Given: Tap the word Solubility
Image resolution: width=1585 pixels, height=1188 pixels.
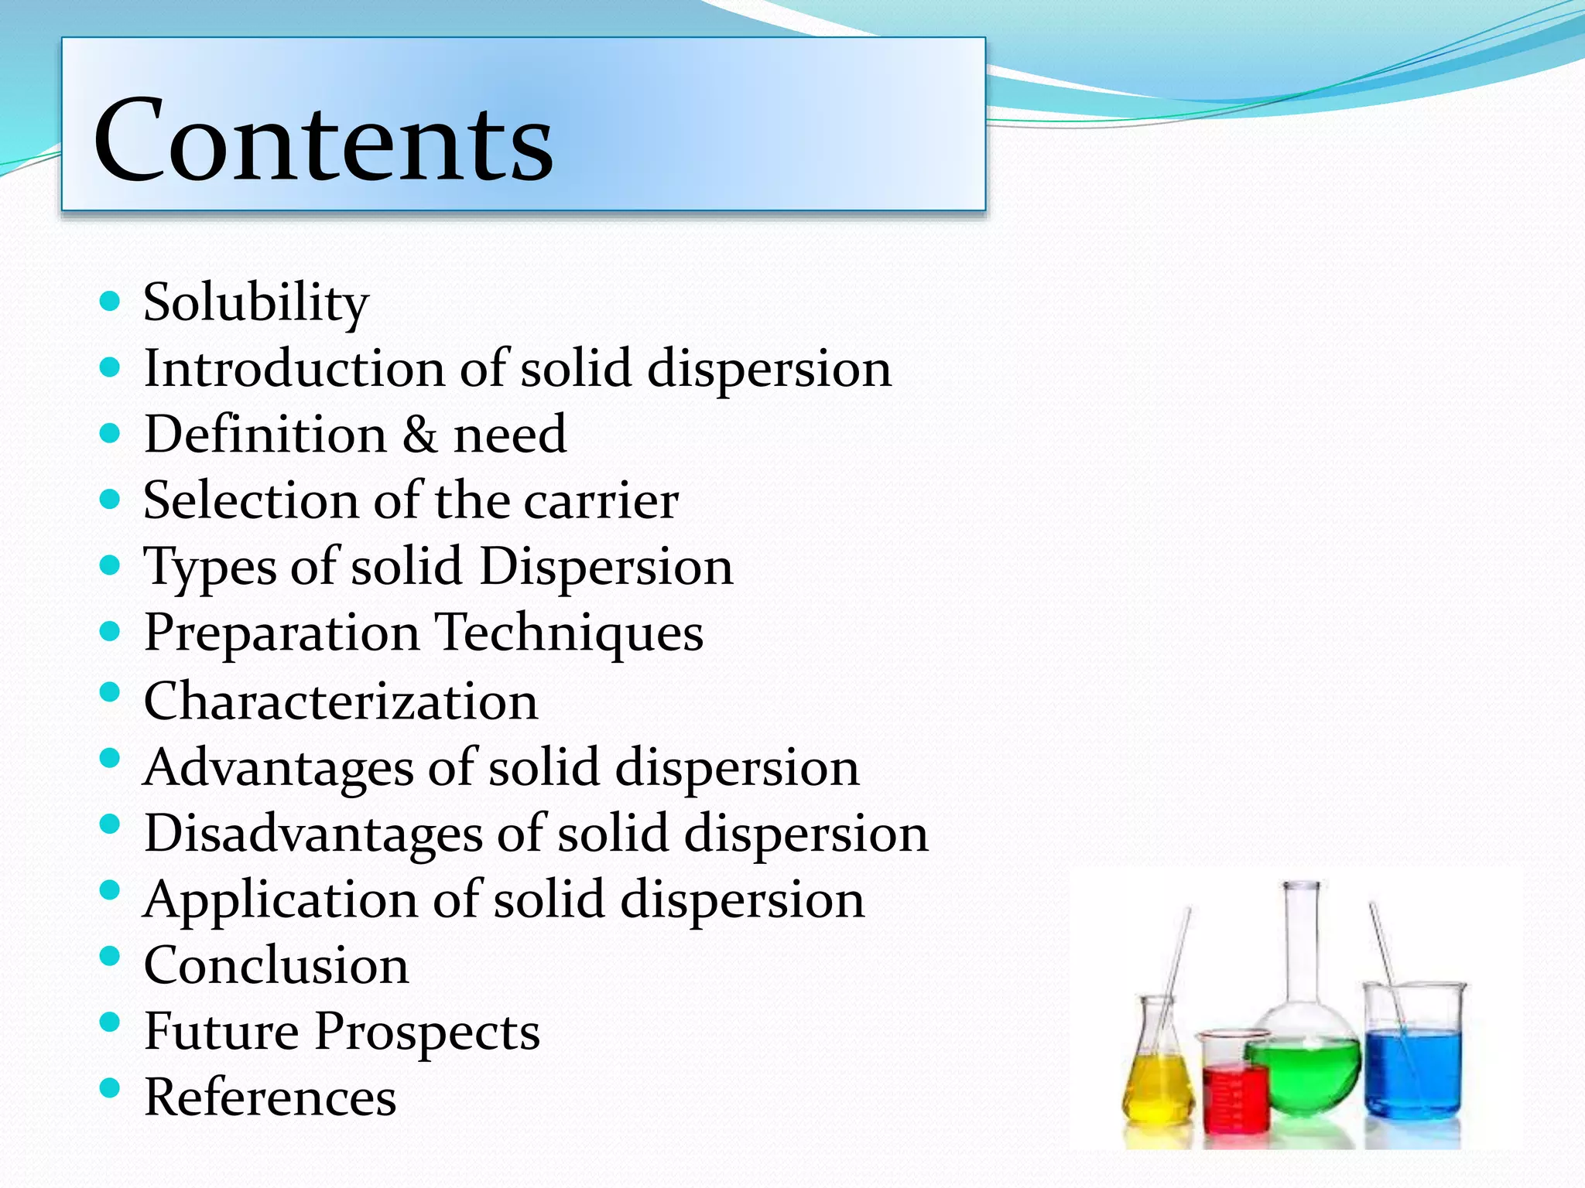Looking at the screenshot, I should coord(255,302).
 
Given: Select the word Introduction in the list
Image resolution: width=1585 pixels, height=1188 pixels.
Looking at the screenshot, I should coord(293,368).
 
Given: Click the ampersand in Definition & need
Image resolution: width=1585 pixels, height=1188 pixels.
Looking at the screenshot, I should coord(419,435).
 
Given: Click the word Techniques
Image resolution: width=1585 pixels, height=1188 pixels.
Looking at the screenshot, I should coord(570,633).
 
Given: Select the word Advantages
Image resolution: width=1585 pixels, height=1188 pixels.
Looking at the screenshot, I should coord(279,769).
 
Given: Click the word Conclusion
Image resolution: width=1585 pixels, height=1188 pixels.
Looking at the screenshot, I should coord(276,966).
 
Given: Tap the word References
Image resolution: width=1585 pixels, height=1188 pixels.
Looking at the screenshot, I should coord(270,1098).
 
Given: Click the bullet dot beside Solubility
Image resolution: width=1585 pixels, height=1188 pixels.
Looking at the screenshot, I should coord(111,301).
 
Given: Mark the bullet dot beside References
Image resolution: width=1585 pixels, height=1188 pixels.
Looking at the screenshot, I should coord(111,1089).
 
